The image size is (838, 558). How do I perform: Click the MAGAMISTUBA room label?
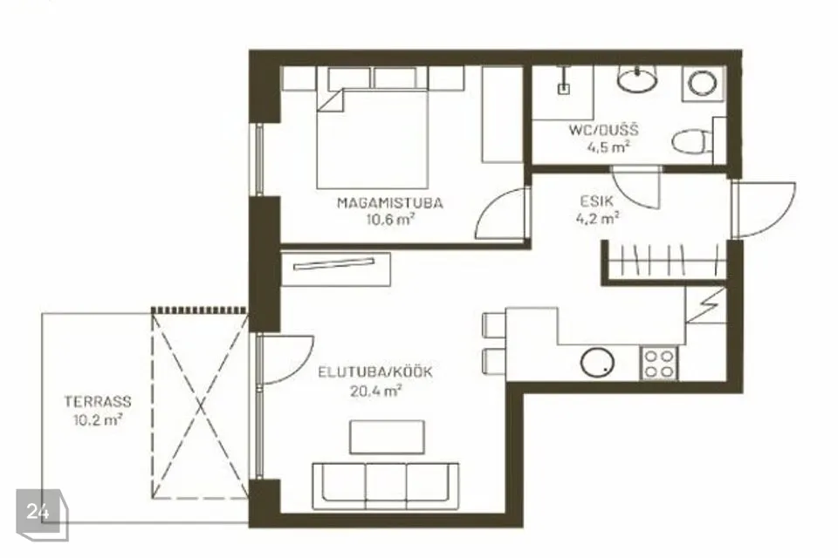389,203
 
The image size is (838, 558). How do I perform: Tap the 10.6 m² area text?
391,219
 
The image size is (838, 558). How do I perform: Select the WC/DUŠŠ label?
603,130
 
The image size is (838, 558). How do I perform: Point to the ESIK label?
597,201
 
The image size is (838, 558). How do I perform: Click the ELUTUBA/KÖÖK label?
375,372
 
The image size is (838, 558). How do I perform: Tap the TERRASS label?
98,401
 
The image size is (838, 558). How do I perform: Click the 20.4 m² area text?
375,391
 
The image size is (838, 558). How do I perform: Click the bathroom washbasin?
637,79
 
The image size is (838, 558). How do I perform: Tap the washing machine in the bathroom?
703,84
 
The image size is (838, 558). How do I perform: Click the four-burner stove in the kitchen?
658,363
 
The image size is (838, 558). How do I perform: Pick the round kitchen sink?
597,363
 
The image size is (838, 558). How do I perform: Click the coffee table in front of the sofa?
387,437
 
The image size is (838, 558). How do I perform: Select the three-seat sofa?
385,485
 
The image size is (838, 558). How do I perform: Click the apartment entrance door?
765,210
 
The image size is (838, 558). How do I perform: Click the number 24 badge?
38,512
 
